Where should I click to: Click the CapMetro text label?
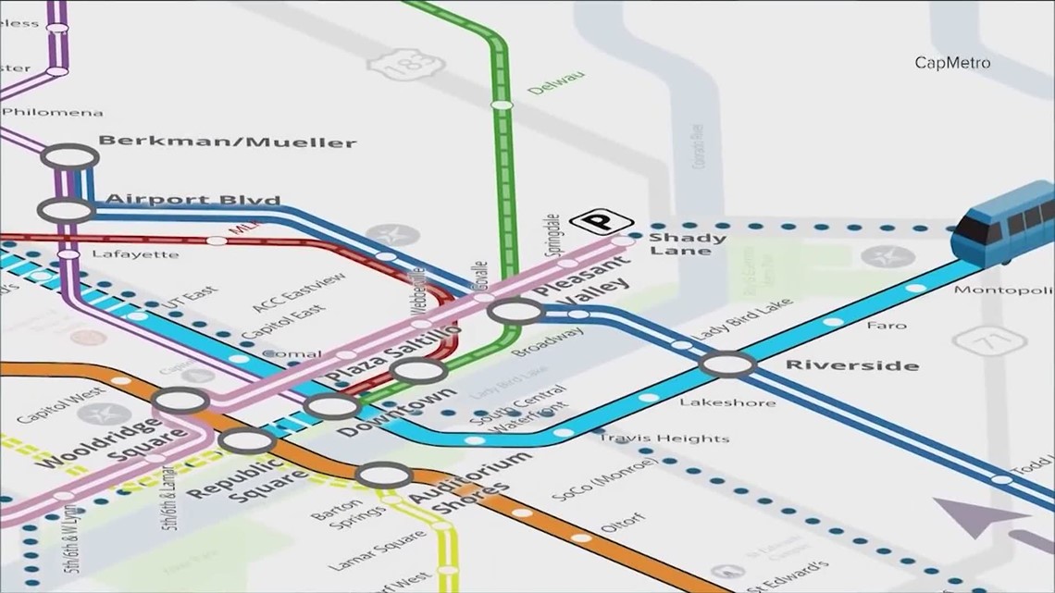[952, 63]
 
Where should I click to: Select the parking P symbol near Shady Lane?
[601, 222]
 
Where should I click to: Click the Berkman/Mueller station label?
[227, 142]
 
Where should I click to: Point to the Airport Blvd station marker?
[66, 210]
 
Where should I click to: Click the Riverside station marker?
[728, 364]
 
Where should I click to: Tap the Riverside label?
[851, 364]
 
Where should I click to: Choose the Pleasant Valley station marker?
[515, 312]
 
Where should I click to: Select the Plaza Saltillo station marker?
[418, 371]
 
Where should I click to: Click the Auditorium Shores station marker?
[384, 476]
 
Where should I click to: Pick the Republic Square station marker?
[246, 440]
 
